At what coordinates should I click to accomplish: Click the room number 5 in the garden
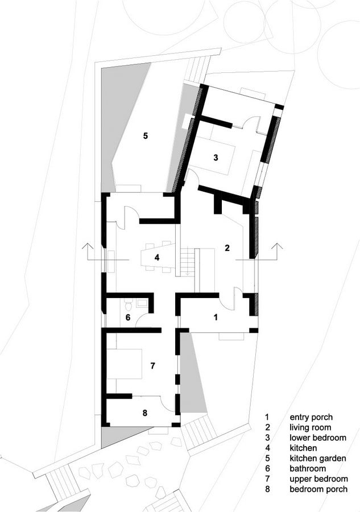coord(146,135)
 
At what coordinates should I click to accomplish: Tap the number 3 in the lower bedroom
coord(216,158)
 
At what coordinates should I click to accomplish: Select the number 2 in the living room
coord(227,248)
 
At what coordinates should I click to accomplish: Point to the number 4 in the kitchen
coord(157,258)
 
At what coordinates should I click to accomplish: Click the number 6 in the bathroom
coord(128,317)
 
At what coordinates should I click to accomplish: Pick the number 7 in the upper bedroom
coord(152,366)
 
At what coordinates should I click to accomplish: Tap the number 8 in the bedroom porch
coord(145,413)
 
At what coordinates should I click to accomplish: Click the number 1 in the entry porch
coord(215,317)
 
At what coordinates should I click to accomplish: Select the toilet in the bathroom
coord(129,305)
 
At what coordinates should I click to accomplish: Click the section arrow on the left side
coord(87,251)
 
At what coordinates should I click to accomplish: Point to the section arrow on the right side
coord(277,251)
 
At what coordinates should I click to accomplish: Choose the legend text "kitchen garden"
coord(317,458)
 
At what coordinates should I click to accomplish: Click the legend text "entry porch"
coord(311,418)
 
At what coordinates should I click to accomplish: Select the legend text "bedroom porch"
coord(318,489)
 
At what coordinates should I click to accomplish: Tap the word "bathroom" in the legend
coord(308,469)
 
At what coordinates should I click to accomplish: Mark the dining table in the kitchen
coord(156,257)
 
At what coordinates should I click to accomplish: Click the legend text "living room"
coord(311,427)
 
